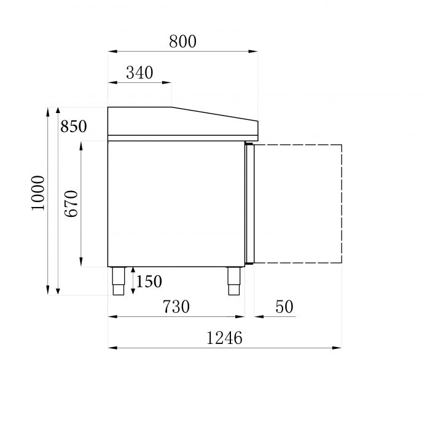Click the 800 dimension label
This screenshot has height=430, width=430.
182,41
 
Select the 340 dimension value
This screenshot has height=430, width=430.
139,72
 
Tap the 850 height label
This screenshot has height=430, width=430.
74,127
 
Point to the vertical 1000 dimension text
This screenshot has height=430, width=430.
39,193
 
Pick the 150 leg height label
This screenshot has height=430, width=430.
149,281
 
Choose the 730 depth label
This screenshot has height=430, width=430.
176,306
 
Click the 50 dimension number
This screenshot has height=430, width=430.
284,306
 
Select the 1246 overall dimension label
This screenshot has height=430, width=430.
224,337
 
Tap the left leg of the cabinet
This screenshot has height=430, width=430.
118,281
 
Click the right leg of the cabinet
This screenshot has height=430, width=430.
233,281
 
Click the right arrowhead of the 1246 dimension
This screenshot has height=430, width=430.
337,348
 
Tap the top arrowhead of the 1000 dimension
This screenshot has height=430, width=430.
48,111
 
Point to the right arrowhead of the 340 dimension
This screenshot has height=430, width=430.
167,82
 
